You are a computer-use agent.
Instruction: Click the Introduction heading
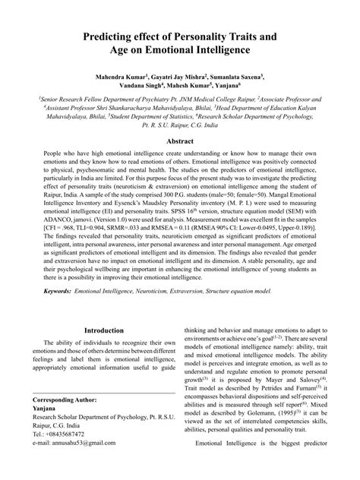105,331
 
